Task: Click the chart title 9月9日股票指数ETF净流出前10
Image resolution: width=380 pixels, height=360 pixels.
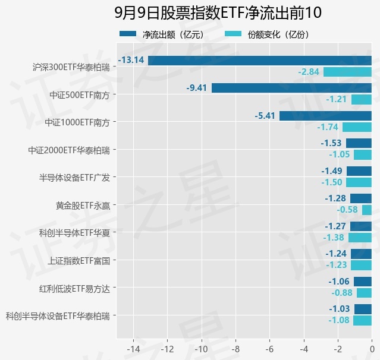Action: [x=218, y=12]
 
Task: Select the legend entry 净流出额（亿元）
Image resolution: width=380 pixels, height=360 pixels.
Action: [x=162, y=34]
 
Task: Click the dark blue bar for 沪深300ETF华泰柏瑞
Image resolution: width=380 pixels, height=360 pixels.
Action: [x=260, y=61]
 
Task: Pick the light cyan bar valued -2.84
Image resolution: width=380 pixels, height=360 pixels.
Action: [x=347, y=72]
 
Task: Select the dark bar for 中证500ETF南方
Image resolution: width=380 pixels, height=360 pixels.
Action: [x=291, y=88]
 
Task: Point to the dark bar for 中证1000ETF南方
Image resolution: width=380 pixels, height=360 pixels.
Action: [x=325, y=116]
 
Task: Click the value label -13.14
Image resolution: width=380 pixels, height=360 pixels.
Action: [x=131, y=60]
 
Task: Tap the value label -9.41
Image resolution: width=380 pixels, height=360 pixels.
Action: [x=197, y=88]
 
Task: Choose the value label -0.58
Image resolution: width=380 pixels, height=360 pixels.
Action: [x=347, y=210]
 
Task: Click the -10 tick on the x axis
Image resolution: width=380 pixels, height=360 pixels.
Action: [x=202, y=349]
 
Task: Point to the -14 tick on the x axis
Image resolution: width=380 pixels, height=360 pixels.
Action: [x=133, y=349]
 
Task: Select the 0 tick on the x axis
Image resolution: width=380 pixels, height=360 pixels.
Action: [x=372, y=349]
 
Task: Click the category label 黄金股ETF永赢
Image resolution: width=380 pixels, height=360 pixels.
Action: [x=83, y=206]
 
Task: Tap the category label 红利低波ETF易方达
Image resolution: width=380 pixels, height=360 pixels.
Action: [x=74, y=289]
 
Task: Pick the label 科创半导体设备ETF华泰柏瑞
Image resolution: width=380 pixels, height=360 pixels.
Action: [x=58, y=316]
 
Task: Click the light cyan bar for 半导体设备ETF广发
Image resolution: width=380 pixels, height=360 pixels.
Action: [x=359, y=182]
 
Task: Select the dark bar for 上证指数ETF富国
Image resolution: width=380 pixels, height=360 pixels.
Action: [x=361, y=254]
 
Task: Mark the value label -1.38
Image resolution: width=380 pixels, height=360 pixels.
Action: [x=334, y=238]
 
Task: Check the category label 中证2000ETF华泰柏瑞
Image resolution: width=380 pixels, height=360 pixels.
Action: [x=69, y=150]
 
